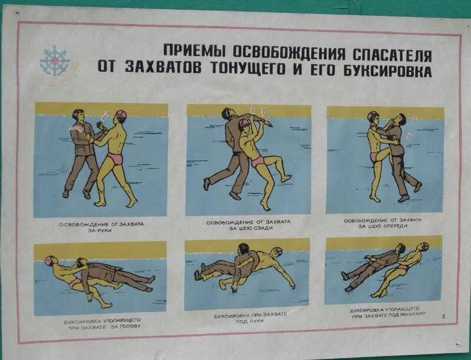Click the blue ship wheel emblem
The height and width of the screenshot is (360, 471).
click(x=55, y=61)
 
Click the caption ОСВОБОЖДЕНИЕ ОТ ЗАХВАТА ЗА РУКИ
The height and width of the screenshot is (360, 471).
click(x=101, y=227)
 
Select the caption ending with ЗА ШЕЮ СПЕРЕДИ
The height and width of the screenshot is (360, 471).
click(x=383, y=223)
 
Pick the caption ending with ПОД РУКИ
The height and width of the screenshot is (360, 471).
click(x=250, y=318)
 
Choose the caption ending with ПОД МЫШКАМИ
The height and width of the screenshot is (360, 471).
click(x=384, y=312)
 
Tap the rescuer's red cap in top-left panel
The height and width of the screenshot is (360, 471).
click(x=120, y=114)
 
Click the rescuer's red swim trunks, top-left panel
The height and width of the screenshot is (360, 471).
click(x=115, y=158)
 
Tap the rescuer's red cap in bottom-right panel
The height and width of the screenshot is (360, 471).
click(x=424, y=246)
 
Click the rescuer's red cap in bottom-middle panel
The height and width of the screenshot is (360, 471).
click(x=277, y=252)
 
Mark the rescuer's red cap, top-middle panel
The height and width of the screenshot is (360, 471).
click(x=244, y=123)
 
